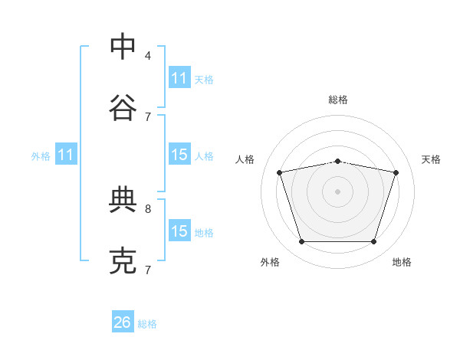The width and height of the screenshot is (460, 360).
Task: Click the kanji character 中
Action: point(123,47)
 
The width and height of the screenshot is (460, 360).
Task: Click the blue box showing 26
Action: point(123,322)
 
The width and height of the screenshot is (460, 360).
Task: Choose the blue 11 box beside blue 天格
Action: point(179,78)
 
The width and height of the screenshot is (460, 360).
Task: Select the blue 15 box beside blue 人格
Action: point(179,155)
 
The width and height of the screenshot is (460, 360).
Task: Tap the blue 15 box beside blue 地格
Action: point(179,231)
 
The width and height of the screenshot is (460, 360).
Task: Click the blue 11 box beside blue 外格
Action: point(66,155)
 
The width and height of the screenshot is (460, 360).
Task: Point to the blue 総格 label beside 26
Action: point(147,324)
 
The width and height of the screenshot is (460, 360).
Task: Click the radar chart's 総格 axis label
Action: point(338,100)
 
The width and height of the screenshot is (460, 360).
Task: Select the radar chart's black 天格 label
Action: point(431,159)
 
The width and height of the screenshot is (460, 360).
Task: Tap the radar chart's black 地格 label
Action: point(402,262)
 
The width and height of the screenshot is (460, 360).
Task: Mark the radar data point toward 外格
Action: point(301,242)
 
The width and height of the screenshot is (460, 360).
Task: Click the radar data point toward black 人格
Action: point(279,172)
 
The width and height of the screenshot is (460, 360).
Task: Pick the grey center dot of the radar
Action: point(338,191)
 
